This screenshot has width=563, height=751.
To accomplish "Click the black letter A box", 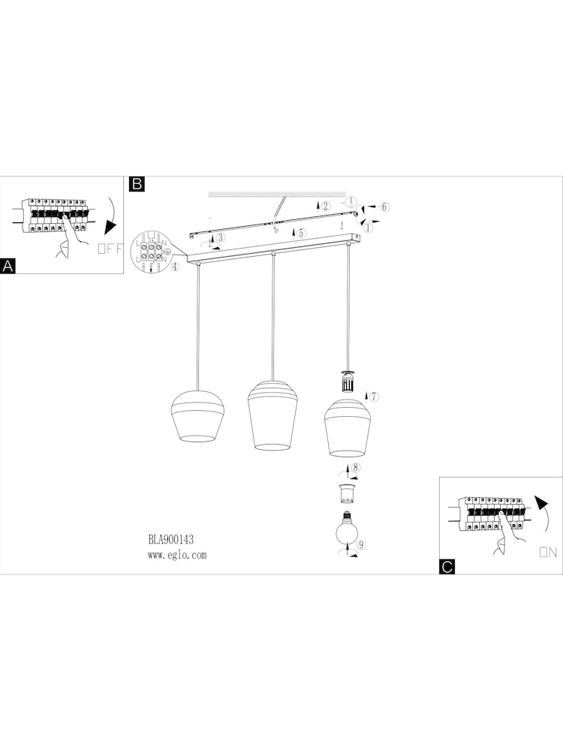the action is pos(8,266).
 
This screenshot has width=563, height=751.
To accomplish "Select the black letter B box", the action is pos(137,184).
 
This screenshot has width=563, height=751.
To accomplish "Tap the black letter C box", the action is pos(447,566).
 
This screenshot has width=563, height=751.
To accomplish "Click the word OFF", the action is pos(110,249).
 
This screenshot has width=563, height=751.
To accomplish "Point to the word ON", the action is pos(548,552).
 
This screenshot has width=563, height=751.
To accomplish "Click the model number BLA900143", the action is pos(171,540).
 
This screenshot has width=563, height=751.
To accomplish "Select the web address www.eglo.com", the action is pos(177,555).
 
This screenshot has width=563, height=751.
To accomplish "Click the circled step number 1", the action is pos(368,228).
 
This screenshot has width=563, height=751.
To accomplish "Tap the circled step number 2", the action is pos(326,207).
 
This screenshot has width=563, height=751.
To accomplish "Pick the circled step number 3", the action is pos(220,237).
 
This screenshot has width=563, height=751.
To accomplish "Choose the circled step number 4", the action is pos(175,267).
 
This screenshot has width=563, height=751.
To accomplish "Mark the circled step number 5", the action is pos(301,234).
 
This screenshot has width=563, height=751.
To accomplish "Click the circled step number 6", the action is pos(385,207).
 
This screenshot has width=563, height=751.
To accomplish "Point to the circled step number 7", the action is pos(374,397).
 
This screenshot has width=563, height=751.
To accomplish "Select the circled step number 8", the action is pos(355,467).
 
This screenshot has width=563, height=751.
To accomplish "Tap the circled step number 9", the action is pos(362,544).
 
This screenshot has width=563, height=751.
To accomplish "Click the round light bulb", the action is pos(347,527).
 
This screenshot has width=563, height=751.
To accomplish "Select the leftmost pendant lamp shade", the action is pos(197,416).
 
